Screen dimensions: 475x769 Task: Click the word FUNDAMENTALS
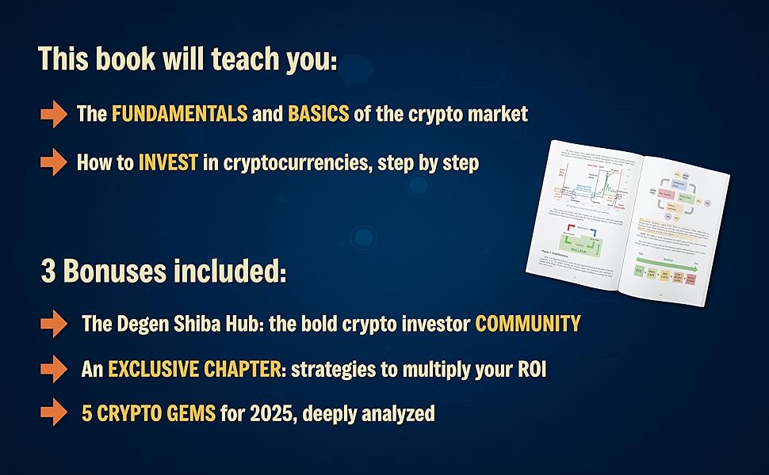[x=179, y=114]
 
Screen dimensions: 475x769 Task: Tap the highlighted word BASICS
[x=318, y=114]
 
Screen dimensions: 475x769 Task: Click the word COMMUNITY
[x=527, y=324]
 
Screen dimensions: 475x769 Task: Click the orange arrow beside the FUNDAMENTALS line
[x=54, y=115]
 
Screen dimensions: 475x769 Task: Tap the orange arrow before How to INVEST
[x=54, y=164]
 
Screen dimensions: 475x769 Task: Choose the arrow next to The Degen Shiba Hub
[x=54, y=324]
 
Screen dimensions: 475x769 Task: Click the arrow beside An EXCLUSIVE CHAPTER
[x=54, y=369]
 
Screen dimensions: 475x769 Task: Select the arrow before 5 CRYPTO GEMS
[x=54, y=413]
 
